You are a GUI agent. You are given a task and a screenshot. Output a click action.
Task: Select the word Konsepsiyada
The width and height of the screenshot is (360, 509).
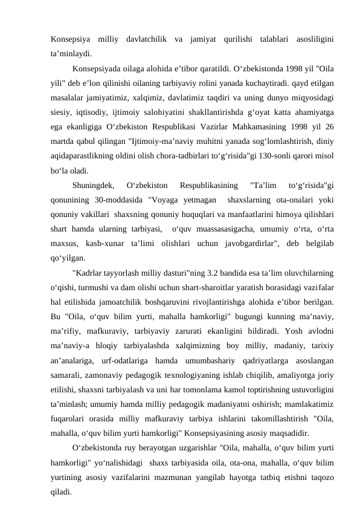point(97,68)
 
